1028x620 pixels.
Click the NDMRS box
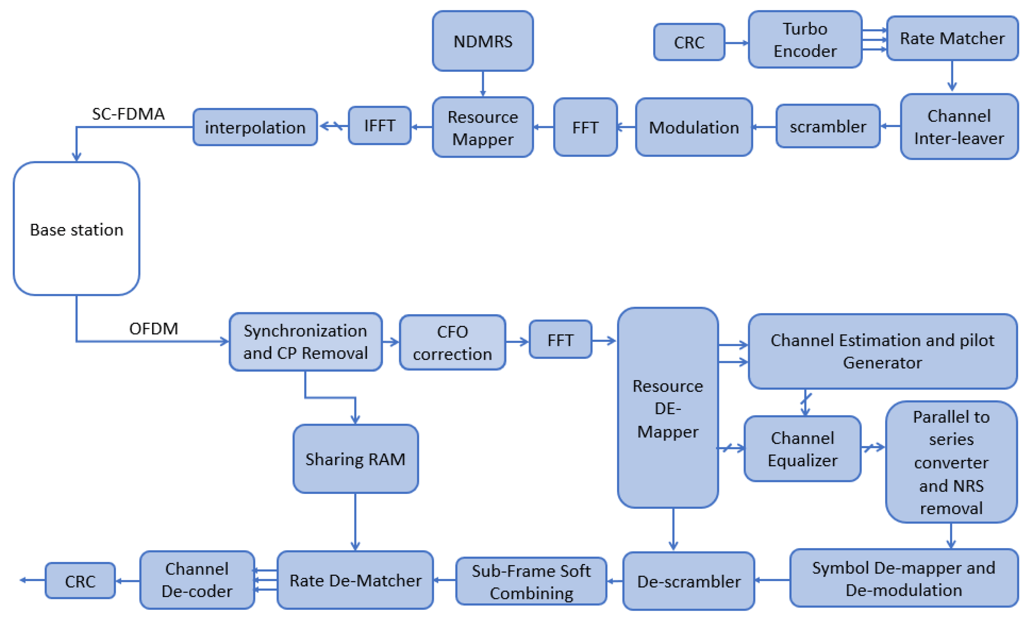tap(483, 41)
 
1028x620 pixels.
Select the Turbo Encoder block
tap(805, 40)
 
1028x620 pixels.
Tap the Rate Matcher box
tap(952, 38)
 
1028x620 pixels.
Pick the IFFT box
tap(379, 125)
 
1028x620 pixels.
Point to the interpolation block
tap(255, 127)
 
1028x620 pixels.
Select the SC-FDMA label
tap(128, 114)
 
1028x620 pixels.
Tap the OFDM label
tap(153, 329)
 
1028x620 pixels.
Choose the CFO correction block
tap(452, 342)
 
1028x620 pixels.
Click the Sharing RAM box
tap(355, 459)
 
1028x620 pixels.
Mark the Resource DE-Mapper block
tap(668, 408)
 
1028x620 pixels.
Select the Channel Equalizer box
tap(802, 449)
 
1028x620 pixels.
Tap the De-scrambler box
tap(688, 581)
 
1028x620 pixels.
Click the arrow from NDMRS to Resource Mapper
tap(483, 83)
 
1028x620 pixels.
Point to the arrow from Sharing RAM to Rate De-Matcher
tap(355, 521)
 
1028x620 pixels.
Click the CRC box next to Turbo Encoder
tap(689, 42)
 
